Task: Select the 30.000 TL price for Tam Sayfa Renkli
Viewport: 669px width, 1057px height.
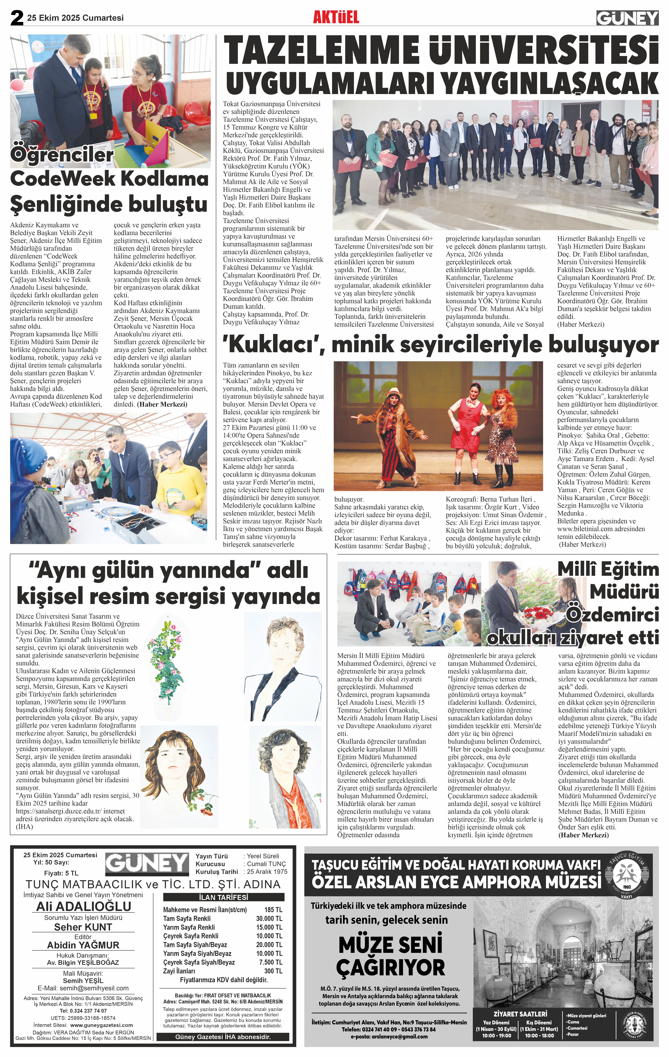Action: click(x=269, y=918)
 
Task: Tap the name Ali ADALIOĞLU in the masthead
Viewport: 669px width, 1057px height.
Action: click(x=83, y=906)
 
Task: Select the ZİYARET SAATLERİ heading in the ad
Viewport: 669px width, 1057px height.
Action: click(x=520, y=1014)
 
